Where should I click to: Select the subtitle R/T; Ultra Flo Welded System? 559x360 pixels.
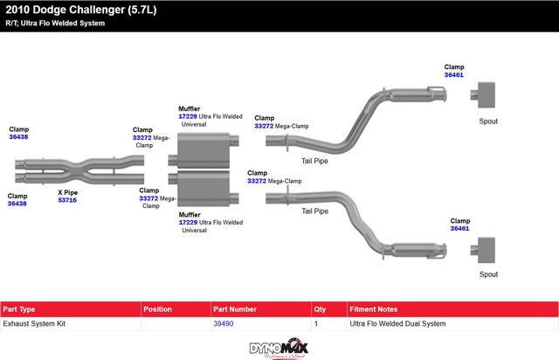[x=54, y=23]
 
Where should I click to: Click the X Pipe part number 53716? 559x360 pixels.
[x=67, y=200]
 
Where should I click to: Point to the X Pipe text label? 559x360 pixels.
[x=67, y=191]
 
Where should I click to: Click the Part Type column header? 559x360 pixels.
[x=19, y=309]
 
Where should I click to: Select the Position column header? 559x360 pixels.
[x=158, y=309]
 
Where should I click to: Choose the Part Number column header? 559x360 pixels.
[x=235, y=309]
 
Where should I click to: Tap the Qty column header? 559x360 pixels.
[x=320, y=309]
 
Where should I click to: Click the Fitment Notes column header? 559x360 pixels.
[x=375, y=309]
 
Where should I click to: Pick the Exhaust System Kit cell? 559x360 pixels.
[x=34, y=323]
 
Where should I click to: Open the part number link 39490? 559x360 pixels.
[x=224, y=323]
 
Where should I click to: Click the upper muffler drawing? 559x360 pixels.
[x=201, y=149]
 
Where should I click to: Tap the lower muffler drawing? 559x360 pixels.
[x=201, y=190]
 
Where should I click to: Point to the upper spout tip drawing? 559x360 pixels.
[x=484, y=93]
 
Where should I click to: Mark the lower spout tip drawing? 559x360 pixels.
[x=484, y=249]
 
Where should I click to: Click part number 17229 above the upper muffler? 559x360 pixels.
[x=188, y=116]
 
